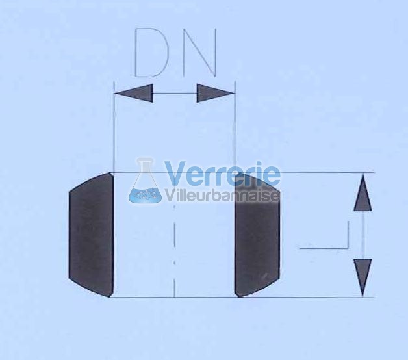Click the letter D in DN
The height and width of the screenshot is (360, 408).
pos(151,53)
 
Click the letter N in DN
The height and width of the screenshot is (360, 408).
pos(200,53)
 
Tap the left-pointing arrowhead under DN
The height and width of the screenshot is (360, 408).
pos(133,93)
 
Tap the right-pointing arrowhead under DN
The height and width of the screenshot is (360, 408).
pos(216,93)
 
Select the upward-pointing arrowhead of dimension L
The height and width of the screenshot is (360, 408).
pos(363,192)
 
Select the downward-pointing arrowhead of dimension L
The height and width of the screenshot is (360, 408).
pos(363,277)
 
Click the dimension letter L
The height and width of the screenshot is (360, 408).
pos(324,235)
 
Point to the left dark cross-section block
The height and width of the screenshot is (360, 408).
pos(91,235)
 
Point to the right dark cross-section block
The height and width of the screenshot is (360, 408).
pos(257,235)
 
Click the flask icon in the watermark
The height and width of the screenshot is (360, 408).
pos(145,180)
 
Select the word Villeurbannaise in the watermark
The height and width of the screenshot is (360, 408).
pos(222,195)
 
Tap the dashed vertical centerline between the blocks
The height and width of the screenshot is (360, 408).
pos(174,250)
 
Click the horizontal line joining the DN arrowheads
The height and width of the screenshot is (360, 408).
pos(175,93)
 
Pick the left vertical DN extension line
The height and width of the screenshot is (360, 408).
pos(114,127)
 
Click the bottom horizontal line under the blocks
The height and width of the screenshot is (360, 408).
pos(242,297)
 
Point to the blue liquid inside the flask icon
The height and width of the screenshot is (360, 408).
pos(145,194)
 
